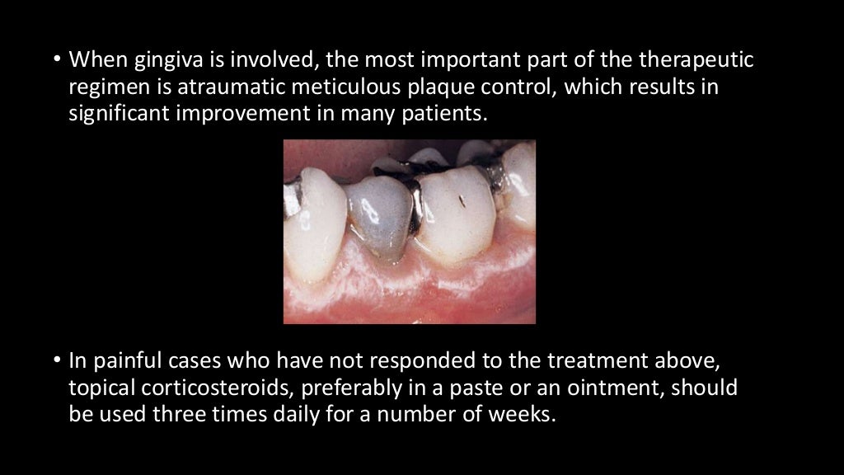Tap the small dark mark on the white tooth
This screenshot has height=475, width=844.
[463, 200]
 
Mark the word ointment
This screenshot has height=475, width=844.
[621, 387]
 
